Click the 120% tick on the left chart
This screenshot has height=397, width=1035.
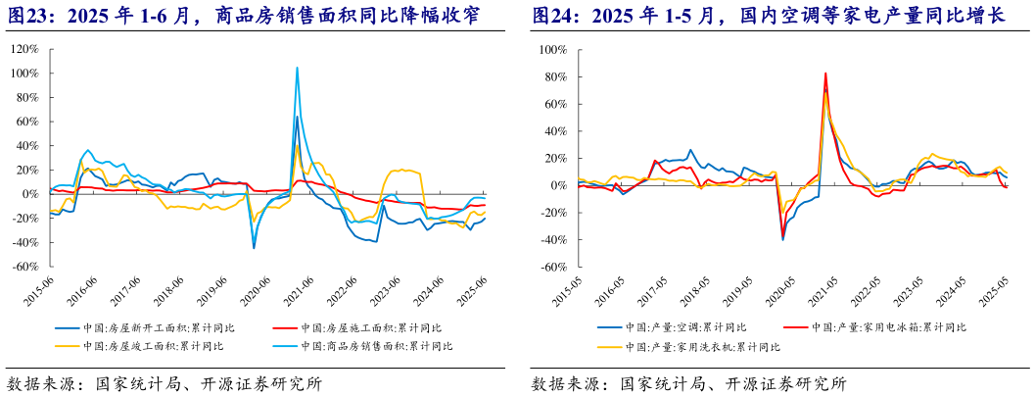point(24,49)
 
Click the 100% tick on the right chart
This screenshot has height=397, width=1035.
point(552,49)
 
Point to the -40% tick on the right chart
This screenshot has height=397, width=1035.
point(553,238)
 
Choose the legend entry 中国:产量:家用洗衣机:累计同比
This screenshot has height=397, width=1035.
point(694,346)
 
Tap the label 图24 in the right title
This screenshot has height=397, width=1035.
point(552,16)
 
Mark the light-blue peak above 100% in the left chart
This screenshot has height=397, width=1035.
point(297,69)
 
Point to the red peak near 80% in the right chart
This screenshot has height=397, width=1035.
point(825,74)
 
